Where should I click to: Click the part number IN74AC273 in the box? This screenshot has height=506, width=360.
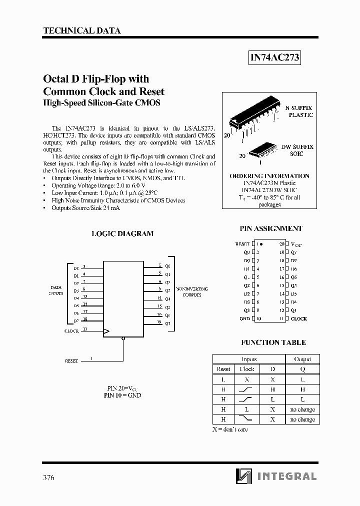click(x=274, y=58)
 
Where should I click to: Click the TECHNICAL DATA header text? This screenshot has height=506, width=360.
click(x=82, y=30)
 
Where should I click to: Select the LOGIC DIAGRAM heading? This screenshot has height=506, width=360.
click(x=122, y=233)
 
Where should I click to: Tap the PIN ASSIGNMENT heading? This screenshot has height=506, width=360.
click(x=271, y=228)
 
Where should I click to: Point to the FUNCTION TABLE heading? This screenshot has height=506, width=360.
click(x=273, y=342)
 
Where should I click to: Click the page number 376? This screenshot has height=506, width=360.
click(x=48, y=477)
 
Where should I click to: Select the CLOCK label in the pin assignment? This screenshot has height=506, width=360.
click(x=299, y=318)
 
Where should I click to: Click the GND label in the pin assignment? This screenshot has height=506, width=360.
click(x=244, y=318)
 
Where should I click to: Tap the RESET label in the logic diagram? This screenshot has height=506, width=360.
click(x=71, y=360)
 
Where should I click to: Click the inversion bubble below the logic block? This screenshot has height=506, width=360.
click(x=123, y=338)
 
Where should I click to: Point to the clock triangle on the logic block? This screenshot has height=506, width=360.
click(x=106, y=331)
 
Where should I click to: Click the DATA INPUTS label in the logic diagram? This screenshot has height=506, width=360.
click(x=56, y=290)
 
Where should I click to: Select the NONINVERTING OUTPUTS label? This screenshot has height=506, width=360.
click(x=191, y=292)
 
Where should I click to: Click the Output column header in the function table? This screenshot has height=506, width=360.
click(x=302, y=359)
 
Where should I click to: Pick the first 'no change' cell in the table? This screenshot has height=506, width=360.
click(x=302, y=409)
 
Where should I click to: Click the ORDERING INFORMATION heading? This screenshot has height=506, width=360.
click(x=269, y=176)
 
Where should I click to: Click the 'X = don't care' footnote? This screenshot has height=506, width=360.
click(x=230, y=429)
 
